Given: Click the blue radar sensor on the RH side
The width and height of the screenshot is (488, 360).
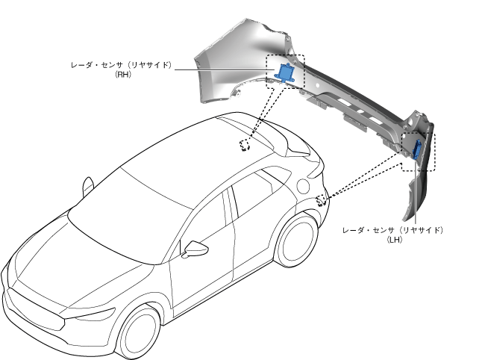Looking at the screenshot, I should pyautogui.click(x=284, y=72).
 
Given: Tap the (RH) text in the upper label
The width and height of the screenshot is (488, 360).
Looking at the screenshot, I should pyautogui.click(x=124, y=75).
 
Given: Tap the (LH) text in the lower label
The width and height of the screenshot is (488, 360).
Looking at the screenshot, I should pyautogui.click(x=395, y=240).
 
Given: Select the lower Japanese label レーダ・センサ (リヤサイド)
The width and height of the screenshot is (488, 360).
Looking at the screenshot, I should pyautogui.click(x=392, y=230).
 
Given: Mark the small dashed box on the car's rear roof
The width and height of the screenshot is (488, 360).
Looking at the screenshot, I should pyautogui.click(x=244, y=144).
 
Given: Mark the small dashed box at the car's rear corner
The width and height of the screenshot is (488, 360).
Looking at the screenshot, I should pyautogui.click(x=322, y=200).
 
